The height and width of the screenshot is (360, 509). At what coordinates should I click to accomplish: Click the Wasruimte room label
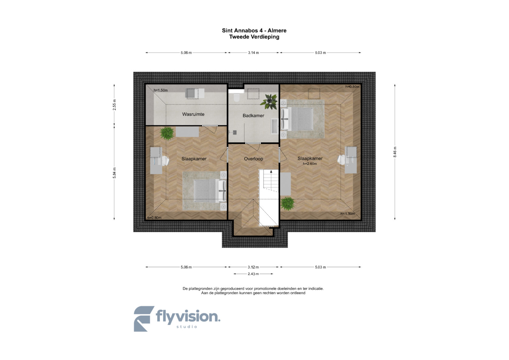(x=193, y=114)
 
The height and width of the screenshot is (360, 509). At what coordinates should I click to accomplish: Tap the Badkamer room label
(x=253, y=115)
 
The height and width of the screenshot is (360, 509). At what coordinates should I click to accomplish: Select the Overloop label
(x=253, y=159)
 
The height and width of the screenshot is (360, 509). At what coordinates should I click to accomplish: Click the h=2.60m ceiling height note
(x=310, y=164)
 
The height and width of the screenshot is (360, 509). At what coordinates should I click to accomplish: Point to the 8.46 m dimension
(x=395, y=152)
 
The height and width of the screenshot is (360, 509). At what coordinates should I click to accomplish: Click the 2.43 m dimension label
(x=253, y=274)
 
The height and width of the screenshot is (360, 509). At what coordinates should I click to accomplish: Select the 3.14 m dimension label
(x=253, y=53)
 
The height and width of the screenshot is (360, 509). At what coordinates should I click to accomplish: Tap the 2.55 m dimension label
(x=114, y=105)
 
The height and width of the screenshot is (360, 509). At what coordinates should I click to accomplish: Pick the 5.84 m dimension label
(x=114, y=173)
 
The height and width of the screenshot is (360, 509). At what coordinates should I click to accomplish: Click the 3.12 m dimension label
(x=253, y=267)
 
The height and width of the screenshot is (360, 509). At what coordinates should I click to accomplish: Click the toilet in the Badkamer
(x=237, y=97)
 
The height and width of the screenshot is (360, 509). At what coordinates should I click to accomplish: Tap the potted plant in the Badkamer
(x=270, y=102)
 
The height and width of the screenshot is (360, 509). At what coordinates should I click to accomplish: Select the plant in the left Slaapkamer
(x=167, y=133)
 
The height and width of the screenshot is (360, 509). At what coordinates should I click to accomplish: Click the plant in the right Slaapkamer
(x=287, y=203)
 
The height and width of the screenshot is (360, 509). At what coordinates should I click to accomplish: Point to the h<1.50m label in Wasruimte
(x=161, y=90)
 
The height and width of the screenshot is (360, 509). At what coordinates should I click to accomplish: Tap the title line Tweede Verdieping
(x=254, y=37)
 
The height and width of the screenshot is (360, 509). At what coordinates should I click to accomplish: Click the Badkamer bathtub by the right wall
(x=274, y=126)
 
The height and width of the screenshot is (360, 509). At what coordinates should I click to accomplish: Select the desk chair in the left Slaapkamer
(x=165, y=161)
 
